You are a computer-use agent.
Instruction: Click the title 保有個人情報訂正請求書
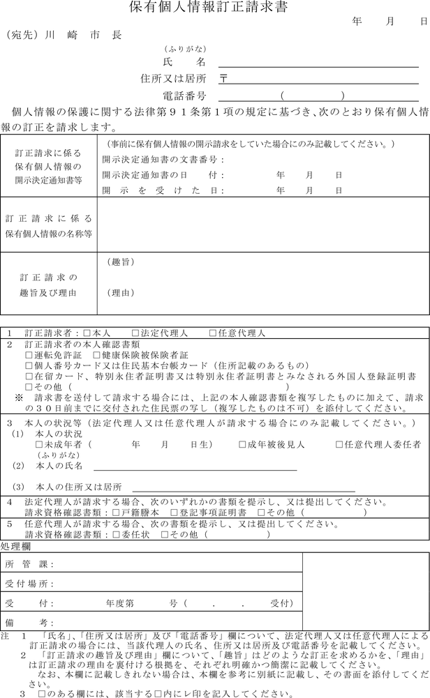(208, 8)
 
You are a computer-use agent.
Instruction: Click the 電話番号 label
(183, 96)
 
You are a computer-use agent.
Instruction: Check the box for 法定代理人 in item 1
(135, 334)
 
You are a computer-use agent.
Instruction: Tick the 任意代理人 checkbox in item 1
(213, 334)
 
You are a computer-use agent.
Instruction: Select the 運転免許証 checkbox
(29, 354)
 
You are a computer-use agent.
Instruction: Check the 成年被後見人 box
(242, 443)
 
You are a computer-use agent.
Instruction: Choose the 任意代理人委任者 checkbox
(339, 443)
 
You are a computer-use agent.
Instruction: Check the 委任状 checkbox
(117, 535)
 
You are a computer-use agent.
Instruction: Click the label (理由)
(121, 293)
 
